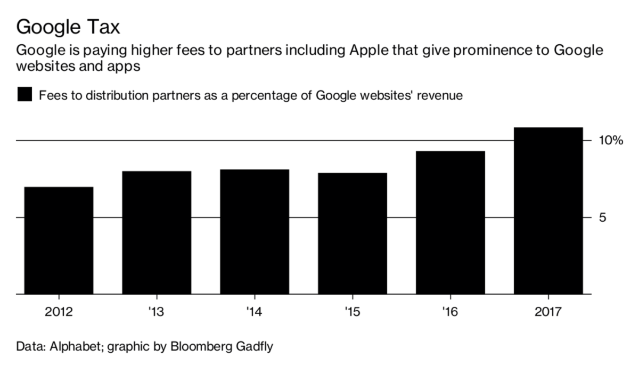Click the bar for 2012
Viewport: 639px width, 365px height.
coord(59,240)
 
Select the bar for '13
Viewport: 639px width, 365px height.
coord(157,232)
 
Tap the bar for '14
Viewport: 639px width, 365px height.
coord(255,232)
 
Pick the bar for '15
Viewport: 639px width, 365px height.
coord(353,233)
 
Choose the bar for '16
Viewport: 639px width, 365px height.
coord(450,223)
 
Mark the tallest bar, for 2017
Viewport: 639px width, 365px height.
coord(548,210)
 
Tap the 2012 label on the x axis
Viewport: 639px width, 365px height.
coord(59,311)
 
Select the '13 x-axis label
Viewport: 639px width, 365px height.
coord(157,311)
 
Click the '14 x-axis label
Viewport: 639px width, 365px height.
coord(255,311)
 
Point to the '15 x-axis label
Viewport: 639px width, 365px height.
coord(353,311)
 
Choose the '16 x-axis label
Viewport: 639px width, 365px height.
coord(450,311)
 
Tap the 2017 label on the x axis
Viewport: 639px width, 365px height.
coord(548,311)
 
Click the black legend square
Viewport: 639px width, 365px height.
coord(24,95)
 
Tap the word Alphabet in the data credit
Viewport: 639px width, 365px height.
coord(76,347)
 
